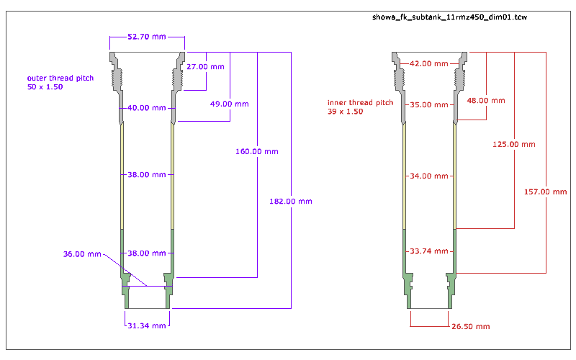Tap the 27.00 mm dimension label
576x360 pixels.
[x=204, y=66]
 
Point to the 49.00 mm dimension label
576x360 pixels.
[x=230, y=104]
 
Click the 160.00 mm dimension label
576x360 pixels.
[x=256, y=151]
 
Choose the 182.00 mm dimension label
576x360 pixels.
[x=290, y=202]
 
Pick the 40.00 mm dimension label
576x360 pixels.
[x=147, y=108]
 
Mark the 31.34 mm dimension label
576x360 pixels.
[x=147, y=325]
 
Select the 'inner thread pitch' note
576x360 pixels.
[x=360, y=107]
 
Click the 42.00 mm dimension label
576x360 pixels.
[x=430, y=63]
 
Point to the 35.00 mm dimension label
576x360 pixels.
[x=430, y=104]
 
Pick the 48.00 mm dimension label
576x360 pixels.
[x=486, y=100]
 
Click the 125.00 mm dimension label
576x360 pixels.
[x=514, y=144]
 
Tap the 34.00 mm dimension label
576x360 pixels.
[x=430, y=176]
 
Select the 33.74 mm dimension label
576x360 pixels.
[x=430, y=251]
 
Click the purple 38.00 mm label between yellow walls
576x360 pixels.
[x=147, y=174]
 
